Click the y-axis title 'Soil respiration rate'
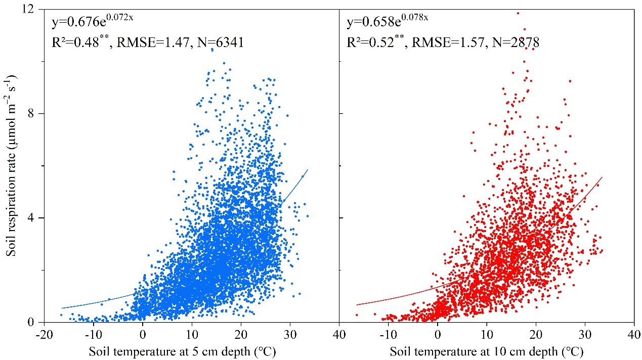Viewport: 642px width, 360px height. pos(11,165)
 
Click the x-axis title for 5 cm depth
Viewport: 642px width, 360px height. pos(182,350)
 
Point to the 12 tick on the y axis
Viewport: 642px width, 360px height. pos(35,9)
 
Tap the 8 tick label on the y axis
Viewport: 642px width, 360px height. pos(37,114)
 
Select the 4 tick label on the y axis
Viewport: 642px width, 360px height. pos(37,218)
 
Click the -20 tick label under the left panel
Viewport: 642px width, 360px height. pos(44,335)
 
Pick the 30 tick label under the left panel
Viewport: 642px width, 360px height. pos(290,335)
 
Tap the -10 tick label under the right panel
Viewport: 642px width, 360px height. pos(388,335)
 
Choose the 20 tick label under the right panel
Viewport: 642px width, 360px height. pos(535,335)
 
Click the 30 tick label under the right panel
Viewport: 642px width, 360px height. pos(584,335)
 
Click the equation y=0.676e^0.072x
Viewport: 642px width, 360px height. pos(92,22)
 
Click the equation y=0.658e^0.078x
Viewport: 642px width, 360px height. pos(388,22)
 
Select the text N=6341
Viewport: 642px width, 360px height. pos(219,43)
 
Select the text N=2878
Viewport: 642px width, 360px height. pos(515,43)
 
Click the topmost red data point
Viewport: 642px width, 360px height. pos(518,13)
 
